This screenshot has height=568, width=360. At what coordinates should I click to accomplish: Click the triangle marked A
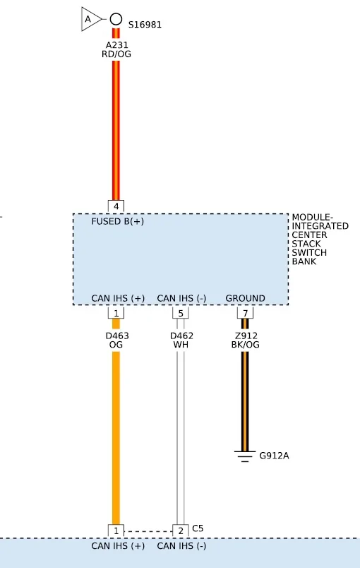(x=90, y=19)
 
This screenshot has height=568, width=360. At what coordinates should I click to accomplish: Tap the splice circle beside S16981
(x=116, y=19)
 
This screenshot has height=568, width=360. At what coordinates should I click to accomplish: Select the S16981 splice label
(x=145, y=25)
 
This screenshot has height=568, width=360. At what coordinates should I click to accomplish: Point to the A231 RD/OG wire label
(x=116, y=49)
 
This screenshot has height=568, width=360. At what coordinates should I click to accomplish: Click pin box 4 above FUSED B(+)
(x=116, y=206)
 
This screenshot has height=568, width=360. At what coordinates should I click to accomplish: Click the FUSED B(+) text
(x=118, y=221)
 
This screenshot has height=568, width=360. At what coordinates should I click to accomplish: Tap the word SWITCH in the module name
(x=309, y=252)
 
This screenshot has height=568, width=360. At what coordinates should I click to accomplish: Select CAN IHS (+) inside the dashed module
(x=118, y=298)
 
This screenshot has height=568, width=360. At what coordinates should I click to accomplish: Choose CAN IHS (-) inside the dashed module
(x=181, y=298)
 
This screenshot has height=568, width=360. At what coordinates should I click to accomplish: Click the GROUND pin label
(x=246, y=298)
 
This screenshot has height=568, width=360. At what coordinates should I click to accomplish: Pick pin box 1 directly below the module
(x=116, y=313)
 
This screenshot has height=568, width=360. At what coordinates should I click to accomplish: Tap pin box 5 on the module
(x=181, y=313)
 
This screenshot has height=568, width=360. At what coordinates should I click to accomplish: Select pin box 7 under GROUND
(x=245, y=313)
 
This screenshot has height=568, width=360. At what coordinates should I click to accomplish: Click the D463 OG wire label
(x=117, y=340)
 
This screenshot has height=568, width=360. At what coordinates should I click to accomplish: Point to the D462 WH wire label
(x=181, y=340)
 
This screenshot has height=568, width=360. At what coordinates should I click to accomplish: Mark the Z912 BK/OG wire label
(x=246, y=340)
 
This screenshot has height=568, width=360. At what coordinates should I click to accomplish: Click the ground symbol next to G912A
(x=245, y=456)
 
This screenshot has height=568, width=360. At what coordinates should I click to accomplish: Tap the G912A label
(x=274, y=456)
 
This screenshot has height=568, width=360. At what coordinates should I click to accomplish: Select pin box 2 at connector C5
(x=181, y=531)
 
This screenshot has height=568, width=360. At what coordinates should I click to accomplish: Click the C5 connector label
(x=198, y=528)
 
